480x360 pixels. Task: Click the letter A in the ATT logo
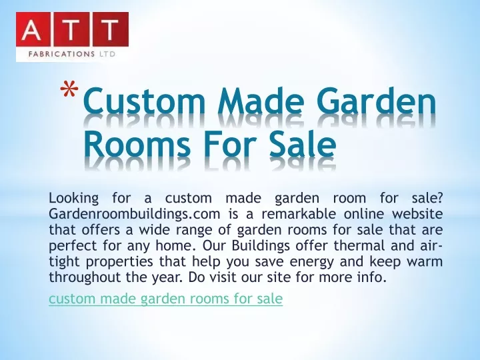pos(32,30)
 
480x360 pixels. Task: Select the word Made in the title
pos(261,100)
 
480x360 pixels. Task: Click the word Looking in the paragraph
pos(74,199)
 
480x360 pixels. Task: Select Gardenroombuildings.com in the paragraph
pos(135,214)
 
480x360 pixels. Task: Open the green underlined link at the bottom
pos(165,299)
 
